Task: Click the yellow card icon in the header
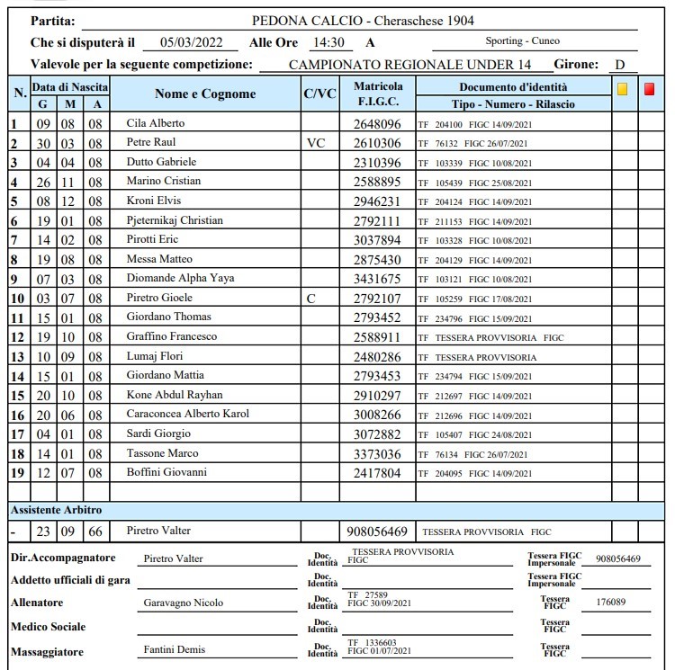pos(622,88)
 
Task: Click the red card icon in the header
pos(650,88)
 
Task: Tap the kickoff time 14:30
pos(328,42)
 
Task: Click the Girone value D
pos(620,65)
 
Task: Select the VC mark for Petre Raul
pos(315,143)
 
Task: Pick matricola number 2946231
pos(377,201)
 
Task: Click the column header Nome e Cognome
pos(205,94)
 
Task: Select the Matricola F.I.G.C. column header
pos(378,94)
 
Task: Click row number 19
pos(16,473)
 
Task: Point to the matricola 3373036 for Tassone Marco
pos(377,454)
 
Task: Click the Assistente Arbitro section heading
pos(56,510)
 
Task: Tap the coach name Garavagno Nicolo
pos(184,603)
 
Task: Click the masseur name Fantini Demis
pos(174,650)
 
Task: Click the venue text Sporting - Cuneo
pos(534,42)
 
